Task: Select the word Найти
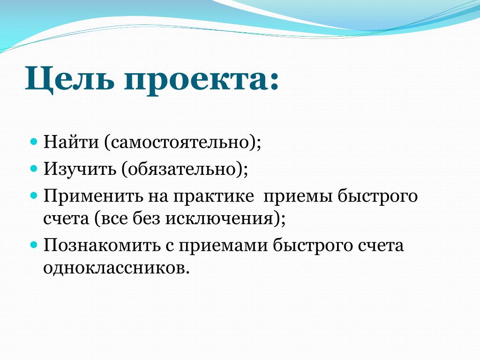(x=71, y=142)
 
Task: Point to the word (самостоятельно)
(x=183, y=142)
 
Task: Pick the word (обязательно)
(x=185, y=169)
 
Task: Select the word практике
(x=214, y=196)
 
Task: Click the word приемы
(x=298, y=196)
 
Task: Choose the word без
(x=146, y=218)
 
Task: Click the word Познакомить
(x=102, y=245)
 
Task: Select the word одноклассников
(x=115, y=268)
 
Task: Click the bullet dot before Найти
(x=34, y=142)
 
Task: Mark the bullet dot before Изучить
(x=34, y=168)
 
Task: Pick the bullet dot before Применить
(x=34, y=195)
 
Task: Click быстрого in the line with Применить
(x=378, y=196)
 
